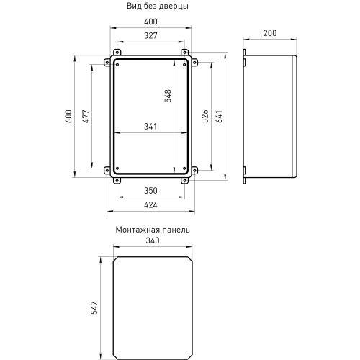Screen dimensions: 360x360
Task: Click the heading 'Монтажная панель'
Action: point(152,230)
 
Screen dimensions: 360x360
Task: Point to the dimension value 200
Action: point(270,34)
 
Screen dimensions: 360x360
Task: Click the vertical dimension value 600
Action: point(69,116)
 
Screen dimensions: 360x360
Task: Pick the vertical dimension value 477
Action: point(86,116)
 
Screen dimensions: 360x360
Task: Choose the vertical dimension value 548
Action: point(168,96)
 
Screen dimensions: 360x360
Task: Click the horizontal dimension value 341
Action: point(150,127)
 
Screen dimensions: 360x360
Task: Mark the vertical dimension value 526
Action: point(205,116)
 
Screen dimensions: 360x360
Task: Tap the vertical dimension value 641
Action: point(221,116)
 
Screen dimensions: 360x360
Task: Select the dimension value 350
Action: point(150,192)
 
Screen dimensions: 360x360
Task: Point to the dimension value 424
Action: point(150,205)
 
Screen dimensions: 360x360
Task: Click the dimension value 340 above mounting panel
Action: point(152,241)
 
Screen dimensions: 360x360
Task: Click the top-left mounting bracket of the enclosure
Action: point(116,55)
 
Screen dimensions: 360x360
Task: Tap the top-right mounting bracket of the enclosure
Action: point(185,55)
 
